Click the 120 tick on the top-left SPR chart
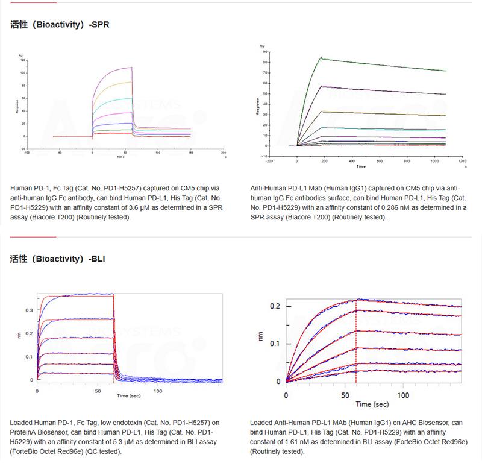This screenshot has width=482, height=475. pos(22,61)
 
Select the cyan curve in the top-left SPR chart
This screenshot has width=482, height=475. pos(114,99)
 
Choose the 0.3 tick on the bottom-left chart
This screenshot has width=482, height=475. pos(28,310)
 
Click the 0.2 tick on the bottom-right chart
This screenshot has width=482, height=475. pos(274,306)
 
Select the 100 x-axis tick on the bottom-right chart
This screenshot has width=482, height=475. pos(405,395)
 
